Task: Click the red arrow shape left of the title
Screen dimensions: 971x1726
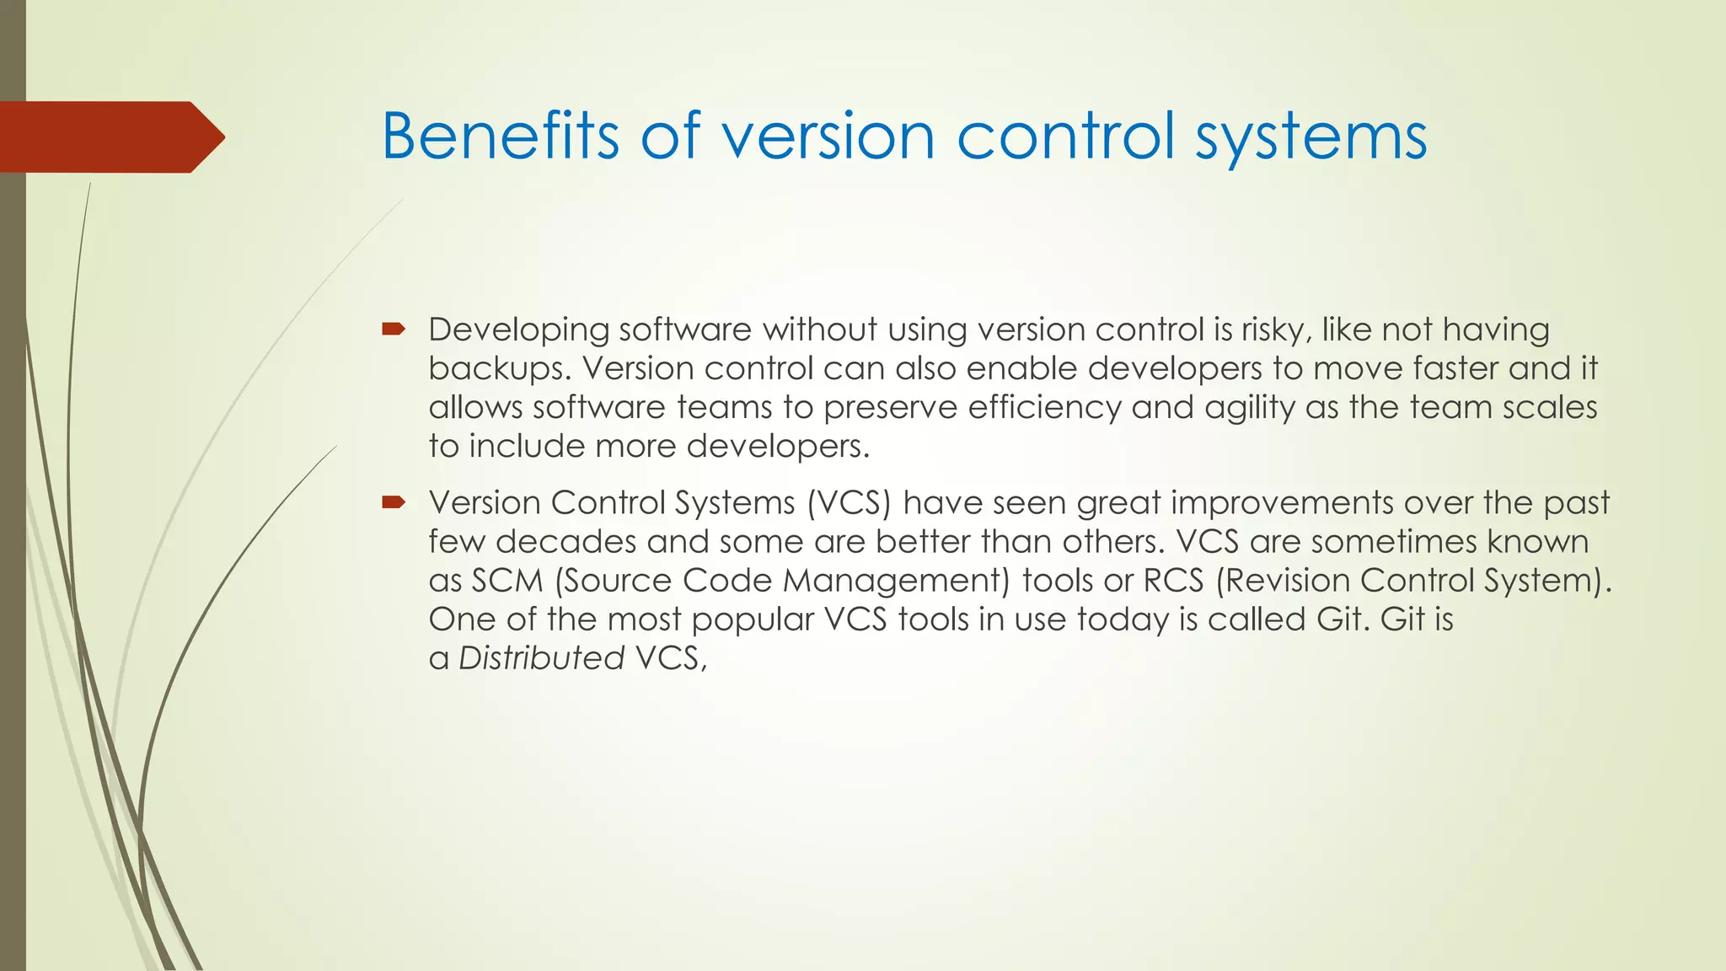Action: pyautogui.click(x=110, y=137)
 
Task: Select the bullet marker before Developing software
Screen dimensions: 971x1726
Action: pyautogui.click(x=393, y=330)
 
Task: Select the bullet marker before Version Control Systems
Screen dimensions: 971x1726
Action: pyautogui.click(x=393, y=503)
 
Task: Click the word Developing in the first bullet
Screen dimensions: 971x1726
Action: pyautogui.click(x=517, y=330)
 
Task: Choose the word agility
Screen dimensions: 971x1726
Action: pyautogui.click(x=1249, y=407)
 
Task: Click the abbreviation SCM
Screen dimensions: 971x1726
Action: pyautogui.click(x=507, y=581)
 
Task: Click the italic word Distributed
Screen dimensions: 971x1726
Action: pyautogui.click(x=541, y=658)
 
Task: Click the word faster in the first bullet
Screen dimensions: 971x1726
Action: pyautogui.click(x=1455, y=368)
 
